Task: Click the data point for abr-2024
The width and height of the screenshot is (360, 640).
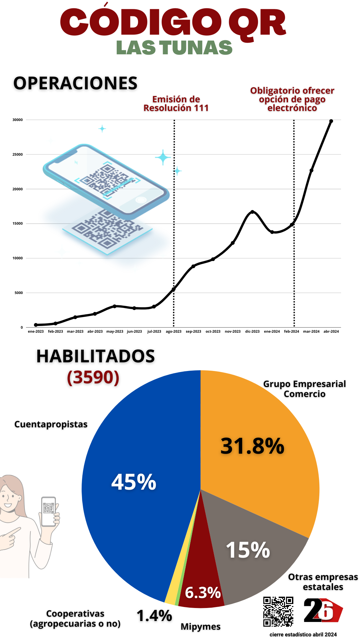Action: [x=331, y=121]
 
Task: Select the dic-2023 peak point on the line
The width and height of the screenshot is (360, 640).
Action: [x=252, y=212]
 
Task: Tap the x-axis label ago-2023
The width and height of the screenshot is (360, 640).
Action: [x=174, y=331]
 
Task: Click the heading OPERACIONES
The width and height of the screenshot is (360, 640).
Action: [x=75, y=83]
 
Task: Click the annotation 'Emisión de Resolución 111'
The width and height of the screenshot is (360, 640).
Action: [x=176, y=104]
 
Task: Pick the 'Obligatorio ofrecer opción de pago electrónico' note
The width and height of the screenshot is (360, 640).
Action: [x=292, y=99]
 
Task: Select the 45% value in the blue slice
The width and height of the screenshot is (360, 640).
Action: [x=134, y=482]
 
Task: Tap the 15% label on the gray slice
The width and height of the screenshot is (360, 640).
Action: [x=248, y=550]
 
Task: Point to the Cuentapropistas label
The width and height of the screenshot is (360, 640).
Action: [x=51, y=424]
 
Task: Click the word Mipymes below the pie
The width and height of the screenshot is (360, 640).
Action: [x=201, y=627]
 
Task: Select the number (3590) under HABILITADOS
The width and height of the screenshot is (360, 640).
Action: [x=93, y=377]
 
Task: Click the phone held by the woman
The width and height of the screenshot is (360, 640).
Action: [x=49, y=512]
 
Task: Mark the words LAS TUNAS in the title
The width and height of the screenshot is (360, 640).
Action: [x=174, y=48]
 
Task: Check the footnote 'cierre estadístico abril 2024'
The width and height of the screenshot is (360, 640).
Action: [x=303, y=634]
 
